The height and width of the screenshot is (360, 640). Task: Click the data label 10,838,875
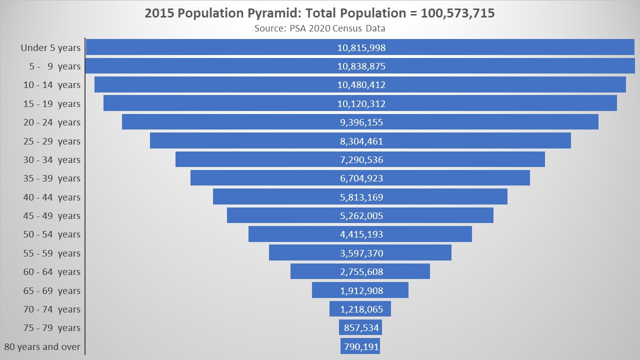(x=361, y=66)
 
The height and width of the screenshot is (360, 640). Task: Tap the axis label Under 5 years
(x=50, y=48)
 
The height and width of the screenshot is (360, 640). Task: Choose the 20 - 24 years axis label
(x=51, y=122)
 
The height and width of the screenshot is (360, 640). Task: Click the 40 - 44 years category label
(x=51, y=197)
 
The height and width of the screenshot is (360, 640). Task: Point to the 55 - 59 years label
(x=51, y=253)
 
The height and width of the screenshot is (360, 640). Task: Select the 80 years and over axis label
(x=42, y=346)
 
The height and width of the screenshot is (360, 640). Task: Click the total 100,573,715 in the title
(x=457, y=13)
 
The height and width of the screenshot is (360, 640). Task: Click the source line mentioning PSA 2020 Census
(x=319, y=28)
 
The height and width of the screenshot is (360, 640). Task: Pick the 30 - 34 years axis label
(x=51, y=159)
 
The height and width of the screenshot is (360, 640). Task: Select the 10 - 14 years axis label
(x=51, y=85)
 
